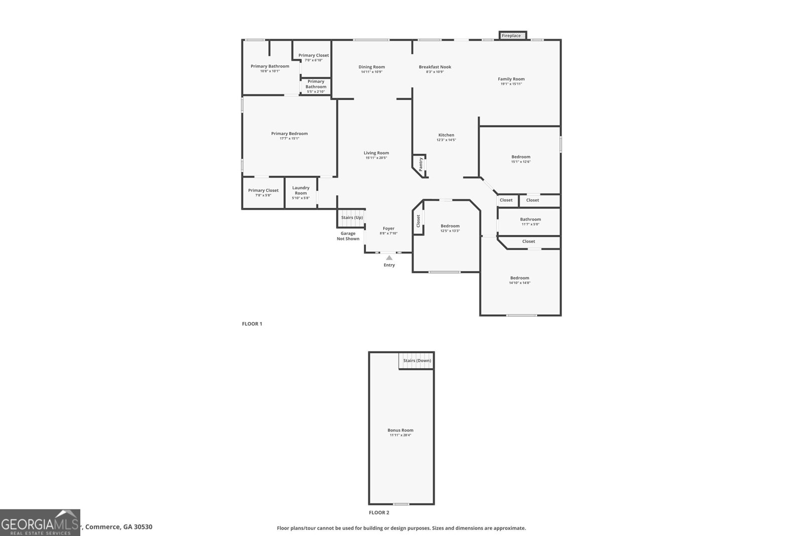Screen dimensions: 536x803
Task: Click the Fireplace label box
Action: coord(512,36)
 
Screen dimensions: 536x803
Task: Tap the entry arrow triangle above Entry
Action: coord(389,258)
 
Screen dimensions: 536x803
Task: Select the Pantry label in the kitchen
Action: coord(421,163)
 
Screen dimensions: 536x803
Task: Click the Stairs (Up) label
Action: coord(352,218)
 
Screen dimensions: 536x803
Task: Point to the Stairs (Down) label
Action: coord(417,361)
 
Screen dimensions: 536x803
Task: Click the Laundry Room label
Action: coord(301,190)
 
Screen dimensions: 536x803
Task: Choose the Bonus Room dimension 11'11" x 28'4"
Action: coord(400,435)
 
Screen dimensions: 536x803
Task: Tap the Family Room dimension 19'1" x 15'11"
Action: coord(511,84)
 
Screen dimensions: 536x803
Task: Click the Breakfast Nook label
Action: coord(435,67)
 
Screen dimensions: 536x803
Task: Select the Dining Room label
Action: coord(371,67)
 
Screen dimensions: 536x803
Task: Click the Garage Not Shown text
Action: coord(348,236)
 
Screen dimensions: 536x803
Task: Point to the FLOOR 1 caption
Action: coord(252,324)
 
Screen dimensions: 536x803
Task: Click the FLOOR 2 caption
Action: coord(379,513)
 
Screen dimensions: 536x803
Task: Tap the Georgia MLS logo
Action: coord(40,522)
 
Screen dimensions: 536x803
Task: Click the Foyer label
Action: coord(388,229)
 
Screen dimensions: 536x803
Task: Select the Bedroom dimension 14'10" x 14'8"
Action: coord(519,283)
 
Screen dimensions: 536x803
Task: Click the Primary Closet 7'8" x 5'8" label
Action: coord(263,190)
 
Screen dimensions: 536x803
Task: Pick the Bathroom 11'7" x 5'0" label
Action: coord(530,219)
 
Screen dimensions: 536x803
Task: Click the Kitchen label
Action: coord(446,135)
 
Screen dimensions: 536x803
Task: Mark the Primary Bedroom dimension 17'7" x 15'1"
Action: coord(289,138)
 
